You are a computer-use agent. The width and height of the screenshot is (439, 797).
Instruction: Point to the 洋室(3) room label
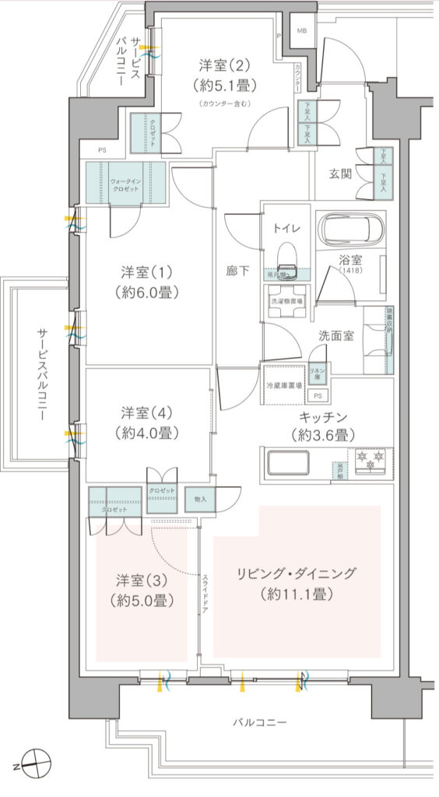141,580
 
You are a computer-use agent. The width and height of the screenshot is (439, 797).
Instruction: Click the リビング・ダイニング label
297,574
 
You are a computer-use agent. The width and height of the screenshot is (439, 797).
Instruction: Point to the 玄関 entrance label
340,173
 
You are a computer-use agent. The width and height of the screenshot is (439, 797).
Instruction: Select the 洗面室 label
336,335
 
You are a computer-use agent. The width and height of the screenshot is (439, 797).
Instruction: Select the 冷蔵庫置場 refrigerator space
284,384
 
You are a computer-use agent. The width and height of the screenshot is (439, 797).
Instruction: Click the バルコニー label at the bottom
260,722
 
